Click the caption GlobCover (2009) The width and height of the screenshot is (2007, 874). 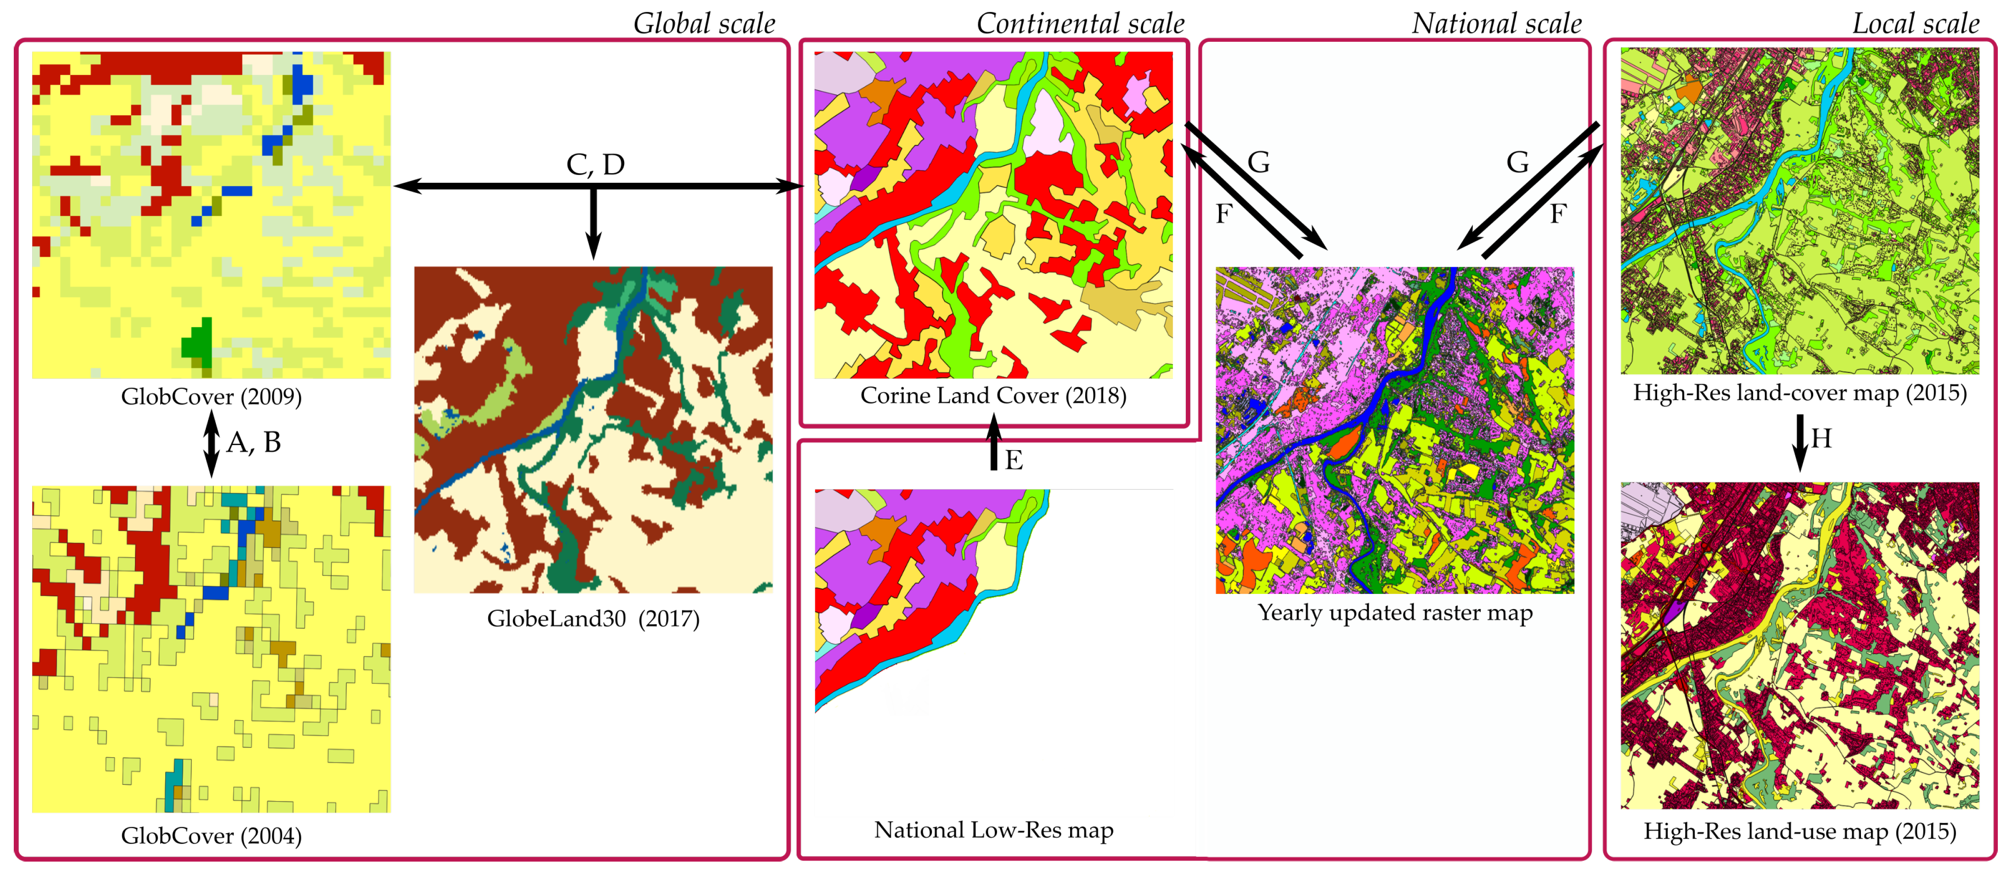click(211, 396)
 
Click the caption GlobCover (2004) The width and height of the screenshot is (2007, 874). click(211, 836)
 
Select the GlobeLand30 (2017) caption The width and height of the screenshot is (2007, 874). click(593, 619)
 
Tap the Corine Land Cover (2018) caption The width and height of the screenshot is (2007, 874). click(993, 396)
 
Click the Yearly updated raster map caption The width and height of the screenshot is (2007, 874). click(1395, 613)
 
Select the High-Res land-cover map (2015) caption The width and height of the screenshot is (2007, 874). click(1800, 393)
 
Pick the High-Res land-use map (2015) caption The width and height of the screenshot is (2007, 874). click(1800, 832)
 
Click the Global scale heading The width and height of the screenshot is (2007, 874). click(704, 23)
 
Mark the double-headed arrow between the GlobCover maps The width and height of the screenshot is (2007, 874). click(211, 443)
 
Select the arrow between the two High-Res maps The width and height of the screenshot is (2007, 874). click(1800, 442)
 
